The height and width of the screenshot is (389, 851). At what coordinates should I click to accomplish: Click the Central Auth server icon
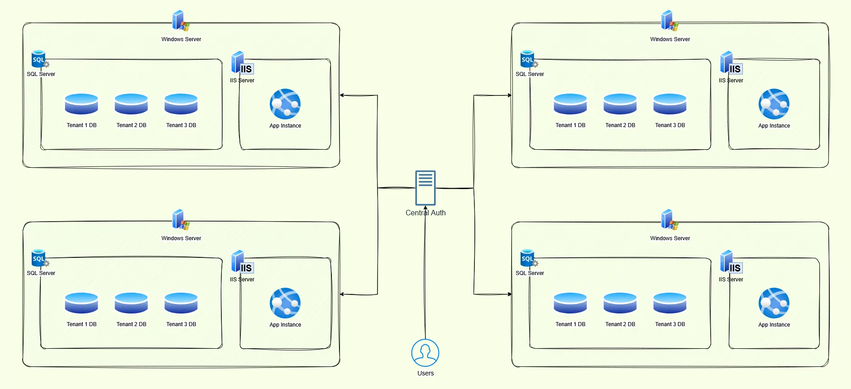425,188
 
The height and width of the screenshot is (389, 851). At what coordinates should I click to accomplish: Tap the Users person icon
425,353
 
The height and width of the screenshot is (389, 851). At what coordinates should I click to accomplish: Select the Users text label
425,373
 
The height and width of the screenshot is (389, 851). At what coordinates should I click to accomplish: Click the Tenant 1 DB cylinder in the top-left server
81,104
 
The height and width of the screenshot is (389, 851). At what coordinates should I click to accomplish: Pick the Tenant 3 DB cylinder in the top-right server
670,104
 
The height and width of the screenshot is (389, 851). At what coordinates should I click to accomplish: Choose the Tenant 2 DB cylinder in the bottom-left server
131,303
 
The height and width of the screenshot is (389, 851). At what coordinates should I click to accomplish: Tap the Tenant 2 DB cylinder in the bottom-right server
620,303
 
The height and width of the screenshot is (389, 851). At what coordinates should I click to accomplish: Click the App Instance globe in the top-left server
285,104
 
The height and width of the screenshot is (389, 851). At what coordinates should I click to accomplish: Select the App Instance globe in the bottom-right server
774,303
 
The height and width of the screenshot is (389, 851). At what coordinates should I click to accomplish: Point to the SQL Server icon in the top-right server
528,59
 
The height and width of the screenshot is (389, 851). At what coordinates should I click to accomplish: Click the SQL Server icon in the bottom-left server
39,258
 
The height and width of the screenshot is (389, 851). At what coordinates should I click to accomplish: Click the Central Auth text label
425,213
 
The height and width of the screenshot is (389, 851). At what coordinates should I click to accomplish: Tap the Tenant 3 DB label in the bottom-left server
181,324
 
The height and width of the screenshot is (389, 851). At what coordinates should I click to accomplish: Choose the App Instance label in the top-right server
774,126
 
